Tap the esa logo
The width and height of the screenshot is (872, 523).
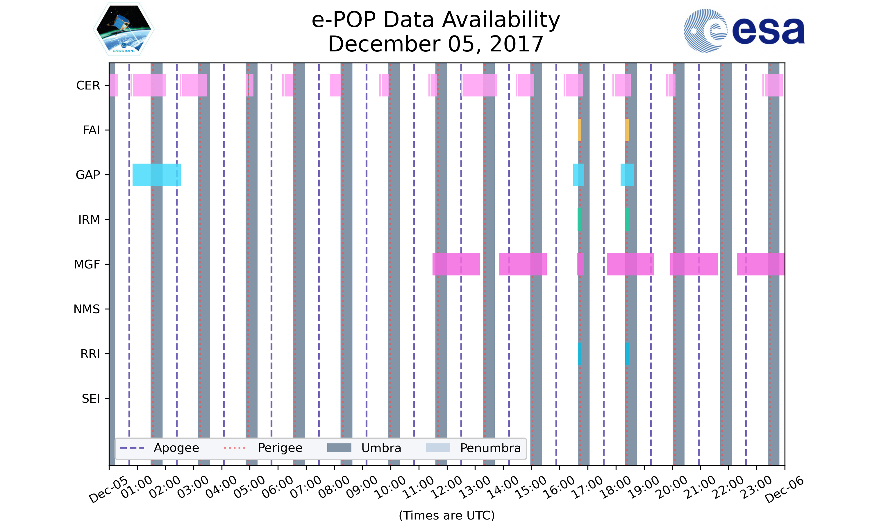[744, 31]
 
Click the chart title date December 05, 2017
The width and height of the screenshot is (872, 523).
[436, 44]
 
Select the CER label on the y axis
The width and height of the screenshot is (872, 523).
[88, 85]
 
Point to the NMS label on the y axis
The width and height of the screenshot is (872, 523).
[87, 309]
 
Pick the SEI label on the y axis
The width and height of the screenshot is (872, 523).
[91, 399]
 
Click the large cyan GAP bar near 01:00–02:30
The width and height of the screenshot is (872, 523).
[156, 175]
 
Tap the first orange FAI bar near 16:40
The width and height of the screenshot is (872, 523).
[579, 130]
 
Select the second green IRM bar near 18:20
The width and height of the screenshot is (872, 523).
[627, 220]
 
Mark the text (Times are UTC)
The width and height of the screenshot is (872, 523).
[446, 515]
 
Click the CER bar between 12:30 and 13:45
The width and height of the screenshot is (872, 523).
[479, 85]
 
